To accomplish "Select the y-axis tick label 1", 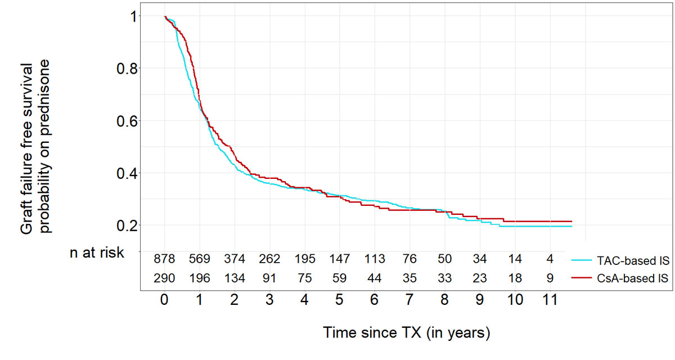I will (132, 17).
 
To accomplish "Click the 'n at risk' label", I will (96, 253).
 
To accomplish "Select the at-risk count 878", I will (165, 259).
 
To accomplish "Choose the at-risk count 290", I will (165, 277).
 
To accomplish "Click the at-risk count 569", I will (200, 259).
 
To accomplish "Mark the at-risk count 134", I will (235, 277).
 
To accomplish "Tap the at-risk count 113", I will (375, 259).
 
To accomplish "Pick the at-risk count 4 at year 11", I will (550, 259).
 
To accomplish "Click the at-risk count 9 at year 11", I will (550, 277).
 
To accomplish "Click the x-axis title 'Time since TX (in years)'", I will (407, 332).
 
